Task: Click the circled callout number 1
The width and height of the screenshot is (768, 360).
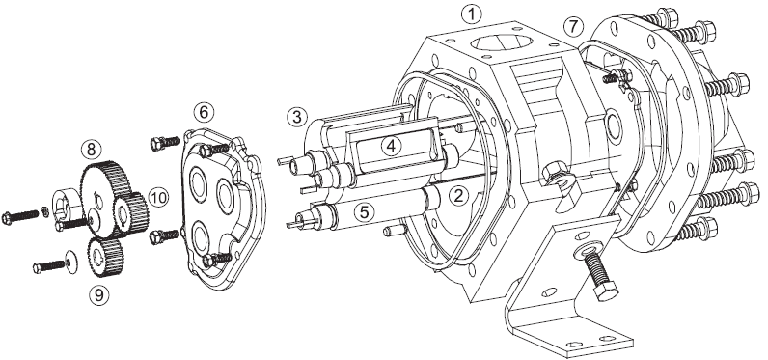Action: point(471,14)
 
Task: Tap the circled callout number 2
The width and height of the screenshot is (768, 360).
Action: point(458,196)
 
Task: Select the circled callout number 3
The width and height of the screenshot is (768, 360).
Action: point(297,117)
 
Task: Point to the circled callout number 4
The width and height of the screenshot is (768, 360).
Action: point(392,146)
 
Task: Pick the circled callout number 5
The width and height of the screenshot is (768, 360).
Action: point(365,211)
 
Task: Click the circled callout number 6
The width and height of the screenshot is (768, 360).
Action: point(204,112)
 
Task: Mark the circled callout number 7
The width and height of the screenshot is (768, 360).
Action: point(573,26)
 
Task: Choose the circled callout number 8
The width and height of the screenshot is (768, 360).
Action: point(91,149)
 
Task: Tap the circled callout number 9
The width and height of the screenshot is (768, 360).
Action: point(99,295)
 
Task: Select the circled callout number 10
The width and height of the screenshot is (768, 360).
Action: point(158,198)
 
